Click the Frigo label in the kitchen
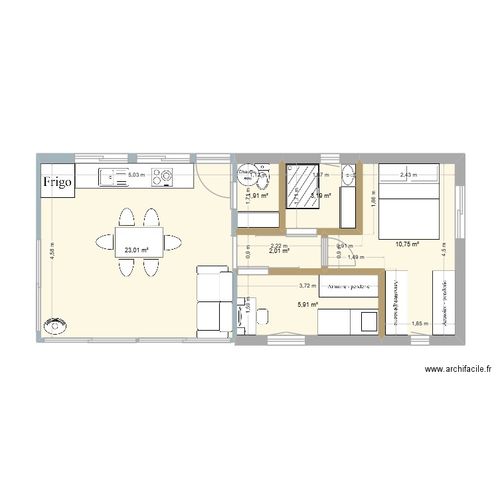[58, 181]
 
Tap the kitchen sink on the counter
[114, 177]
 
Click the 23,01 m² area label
[135, 250]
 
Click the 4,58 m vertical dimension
[52, 252]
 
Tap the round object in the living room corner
[56, 325]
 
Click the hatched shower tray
[302, 187]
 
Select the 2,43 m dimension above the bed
[408, 175]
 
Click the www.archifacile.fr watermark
[457, 370]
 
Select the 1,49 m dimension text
[353, 257]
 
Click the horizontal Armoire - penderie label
[349, 288]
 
